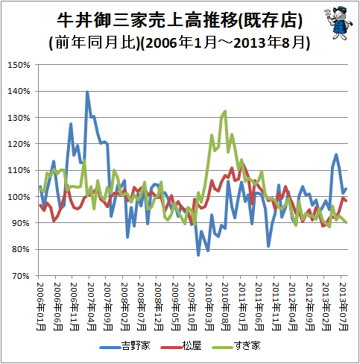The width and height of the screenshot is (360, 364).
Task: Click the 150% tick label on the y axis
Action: pos(19,65)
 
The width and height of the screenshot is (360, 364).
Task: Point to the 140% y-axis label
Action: pos(19,92)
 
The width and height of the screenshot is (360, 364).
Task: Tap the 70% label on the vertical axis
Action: pos(21,276)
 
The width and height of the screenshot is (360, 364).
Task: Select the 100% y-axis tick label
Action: pos(19,197)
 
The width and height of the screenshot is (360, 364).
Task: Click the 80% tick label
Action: pos(21,249)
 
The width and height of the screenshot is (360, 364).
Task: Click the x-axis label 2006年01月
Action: pos(41,306)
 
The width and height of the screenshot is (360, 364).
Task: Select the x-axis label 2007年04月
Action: pos(92,306)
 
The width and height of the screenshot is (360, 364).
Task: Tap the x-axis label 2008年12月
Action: pos(159,306)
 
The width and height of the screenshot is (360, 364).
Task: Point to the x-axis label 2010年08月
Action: pos(226,306)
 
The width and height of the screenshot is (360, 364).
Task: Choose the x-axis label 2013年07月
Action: pos(343,306)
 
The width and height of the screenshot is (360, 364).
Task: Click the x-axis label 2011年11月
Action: pos(276,306)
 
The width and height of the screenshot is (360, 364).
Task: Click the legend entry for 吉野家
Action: pos(125,346)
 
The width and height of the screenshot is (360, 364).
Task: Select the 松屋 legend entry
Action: pos(181,346)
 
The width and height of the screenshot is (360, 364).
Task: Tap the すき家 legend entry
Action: pos(236,346)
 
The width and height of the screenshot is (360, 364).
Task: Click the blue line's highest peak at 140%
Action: pos(87,92)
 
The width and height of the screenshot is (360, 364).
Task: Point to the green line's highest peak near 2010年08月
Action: pos(225,111)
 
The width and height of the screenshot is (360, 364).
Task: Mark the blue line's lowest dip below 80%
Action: pos(198,255)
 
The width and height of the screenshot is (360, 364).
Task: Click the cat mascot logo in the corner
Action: pos(338,23)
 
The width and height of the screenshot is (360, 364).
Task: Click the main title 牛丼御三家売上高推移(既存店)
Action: pos(180,20)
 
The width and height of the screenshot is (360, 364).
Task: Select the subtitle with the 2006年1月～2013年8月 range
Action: pos(180,43)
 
